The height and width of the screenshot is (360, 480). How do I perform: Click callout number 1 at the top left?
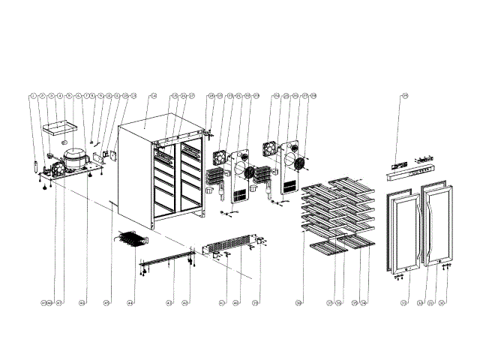(34, 96)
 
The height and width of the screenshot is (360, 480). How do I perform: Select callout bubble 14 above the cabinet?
(153, 96)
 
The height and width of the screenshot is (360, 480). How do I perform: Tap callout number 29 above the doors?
(404, 96)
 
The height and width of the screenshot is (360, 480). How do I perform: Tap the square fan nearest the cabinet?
(220, 157)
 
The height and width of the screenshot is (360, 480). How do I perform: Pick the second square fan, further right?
(271, 147)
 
